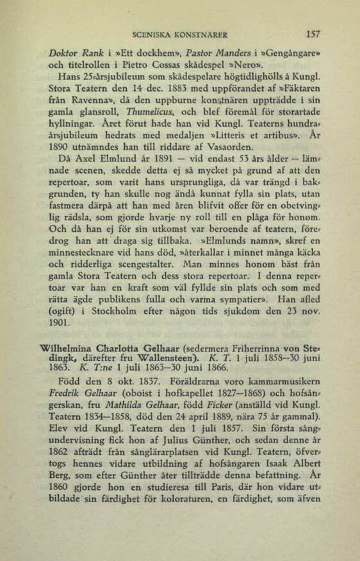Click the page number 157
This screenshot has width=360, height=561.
coord(313,35)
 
